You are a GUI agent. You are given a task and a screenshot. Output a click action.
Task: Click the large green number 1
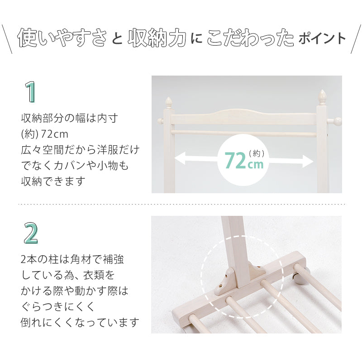(30, 92)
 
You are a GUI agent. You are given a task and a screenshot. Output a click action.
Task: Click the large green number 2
(31, 233)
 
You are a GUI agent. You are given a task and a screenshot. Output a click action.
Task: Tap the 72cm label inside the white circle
(244, 160)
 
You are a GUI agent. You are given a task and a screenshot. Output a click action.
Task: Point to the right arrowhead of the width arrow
(310, 161)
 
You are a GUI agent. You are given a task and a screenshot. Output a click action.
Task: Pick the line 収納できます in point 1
(53, 181)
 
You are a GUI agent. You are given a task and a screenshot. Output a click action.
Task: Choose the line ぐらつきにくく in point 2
(58, 307)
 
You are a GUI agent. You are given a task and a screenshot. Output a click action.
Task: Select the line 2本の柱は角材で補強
(72, 260)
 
